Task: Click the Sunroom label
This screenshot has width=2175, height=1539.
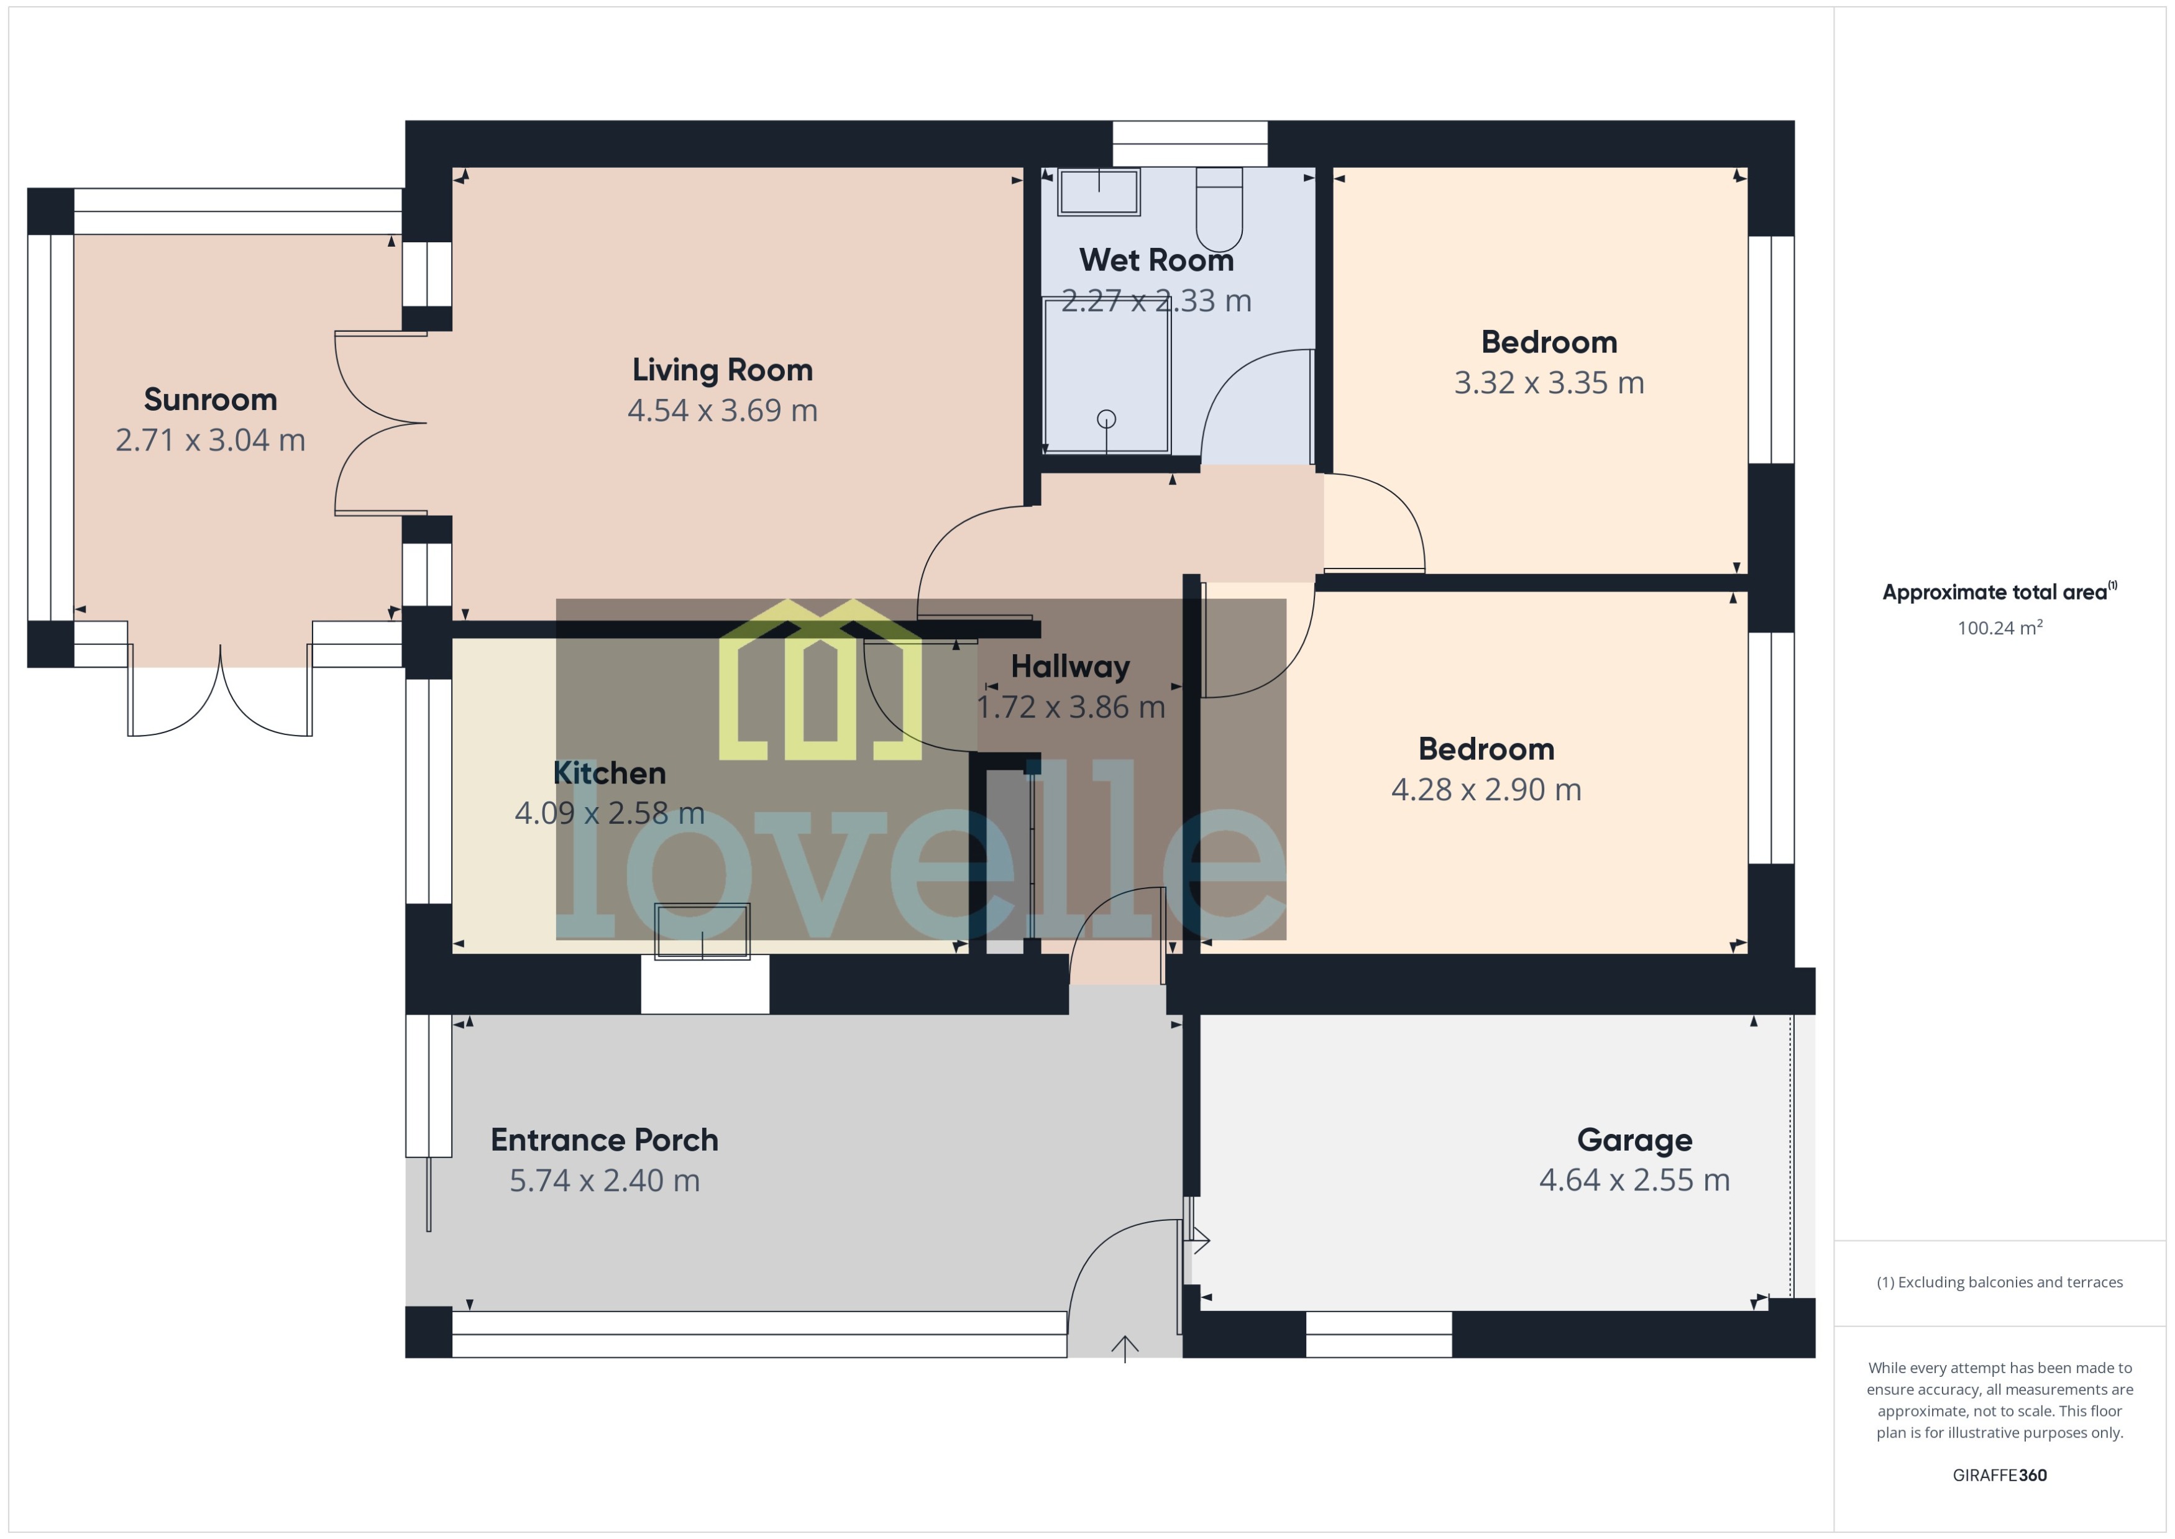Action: (211, 400)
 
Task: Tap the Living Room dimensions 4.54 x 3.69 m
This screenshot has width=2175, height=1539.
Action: (722, 410)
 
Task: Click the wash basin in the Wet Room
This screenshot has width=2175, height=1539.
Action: (1099, 193)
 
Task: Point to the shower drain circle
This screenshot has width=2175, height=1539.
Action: (1106, 419)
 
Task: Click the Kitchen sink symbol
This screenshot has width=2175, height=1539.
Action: (702, 931)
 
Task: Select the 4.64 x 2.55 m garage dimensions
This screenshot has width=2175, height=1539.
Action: (1634, 1180)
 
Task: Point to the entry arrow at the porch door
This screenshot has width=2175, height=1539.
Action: (1125, 1348)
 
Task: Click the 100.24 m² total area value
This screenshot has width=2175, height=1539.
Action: (2000, 628)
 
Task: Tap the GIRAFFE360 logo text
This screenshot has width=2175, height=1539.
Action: (2000, 1476)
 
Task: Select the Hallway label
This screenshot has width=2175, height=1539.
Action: (1070, 666)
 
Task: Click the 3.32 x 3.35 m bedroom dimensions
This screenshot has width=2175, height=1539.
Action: (1549, 383)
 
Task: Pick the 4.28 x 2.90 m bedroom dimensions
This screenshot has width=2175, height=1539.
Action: (1485, 790)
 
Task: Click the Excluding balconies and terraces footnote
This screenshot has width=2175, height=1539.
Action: (2000, 1282)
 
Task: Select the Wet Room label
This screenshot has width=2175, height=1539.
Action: (1156, 260)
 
